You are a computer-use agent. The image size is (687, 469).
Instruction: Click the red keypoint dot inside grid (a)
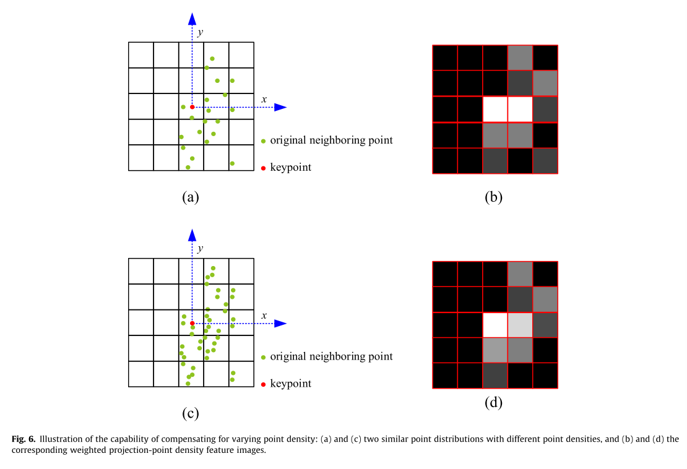pos(192,107)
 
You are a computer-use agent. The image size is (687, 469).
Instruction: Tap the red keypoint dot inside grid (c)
pos(192,324)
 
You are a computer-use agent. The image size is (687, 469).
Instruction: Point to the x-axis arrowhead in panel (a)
pos(280,107)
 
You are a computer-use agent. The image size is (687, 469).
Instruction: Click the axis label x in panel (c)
pos(264,316)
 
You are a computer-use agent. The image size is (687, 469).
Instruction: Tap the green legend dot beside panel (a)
pos(263,141)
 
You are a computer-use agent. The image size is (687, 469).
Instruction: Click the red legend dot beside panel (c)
pos(263,384)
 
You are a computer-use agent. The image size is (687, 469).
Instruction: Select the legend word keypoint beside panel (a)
pos(290,168)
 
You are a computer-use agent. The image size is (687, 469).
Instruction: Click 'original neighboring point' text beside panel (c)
pos(331,357)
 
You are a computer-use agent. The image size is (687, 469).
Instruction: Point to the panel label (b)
pos(494,197)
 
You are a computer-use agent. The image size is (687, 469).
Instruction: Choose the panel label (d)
pos(494,403)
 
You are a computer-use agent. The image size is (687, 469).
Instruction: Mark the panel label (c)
pos(190,414)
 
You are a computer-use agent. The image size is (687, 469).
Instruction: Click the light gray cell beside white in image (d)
pos(520,325)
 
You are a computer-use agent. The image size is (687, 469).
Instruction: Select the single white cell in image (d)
pos(495,325)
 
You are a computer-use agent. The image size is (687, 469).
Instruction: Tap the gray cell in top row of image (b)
pos(520,58)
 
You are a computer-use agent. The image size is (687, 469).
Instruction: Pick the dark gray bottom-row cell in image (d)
pos(495,376)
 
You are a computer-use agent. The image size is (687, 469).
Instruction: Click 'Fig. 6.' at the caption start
pos(24,439)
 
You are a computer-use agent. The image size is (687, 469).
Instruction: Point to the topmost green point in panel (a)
pos(212,59)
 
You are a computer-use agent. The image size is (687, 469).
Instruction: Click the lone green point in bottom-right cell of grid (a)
pos(232,163)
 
